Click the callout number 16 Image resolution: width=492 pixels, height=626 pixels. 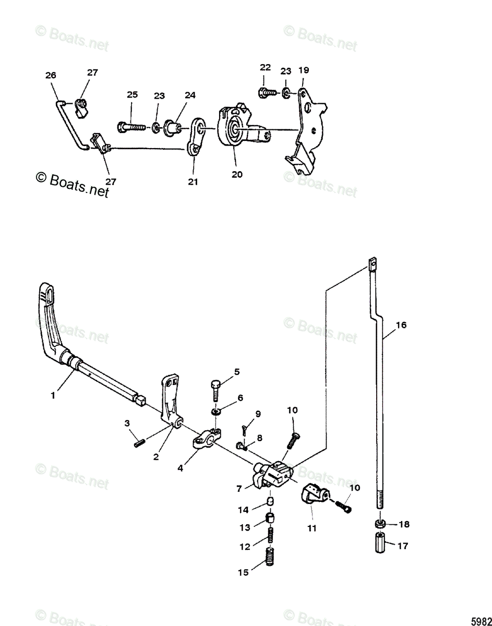[x=401, y=325]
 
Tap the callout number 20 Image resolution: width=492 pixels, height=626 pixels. [x=237, y=175]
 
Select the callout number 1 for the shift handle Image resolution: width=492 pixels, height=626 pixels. [x=52, y=396]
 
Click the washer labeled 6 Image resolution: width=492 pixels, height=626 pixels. [x=217, y=412]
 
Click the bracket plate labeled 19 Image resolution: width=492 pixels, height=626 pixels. [x=308, y=125]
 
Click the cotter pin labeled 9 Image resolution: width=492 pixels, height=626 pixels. [x=245, y=429]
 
